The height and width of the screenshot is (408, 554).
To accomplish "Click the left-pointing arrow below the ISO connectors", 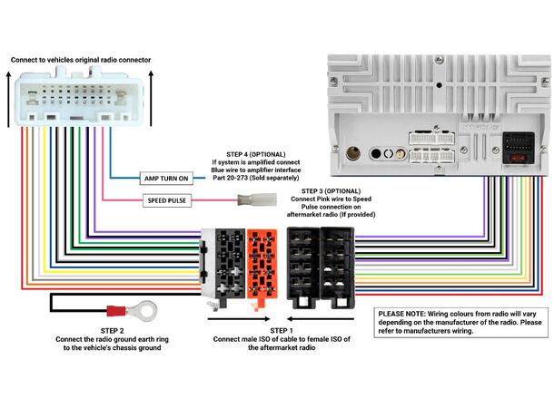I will (228, 319).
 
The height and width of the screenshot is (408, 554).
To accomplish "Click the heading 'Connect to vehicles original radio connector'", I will (81, 60).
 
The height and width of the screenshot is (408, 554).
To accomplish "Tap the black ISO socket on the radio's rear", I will (518, 147).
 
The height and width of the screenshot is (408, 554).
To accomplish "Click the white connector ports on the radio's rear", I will (431, 148).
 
